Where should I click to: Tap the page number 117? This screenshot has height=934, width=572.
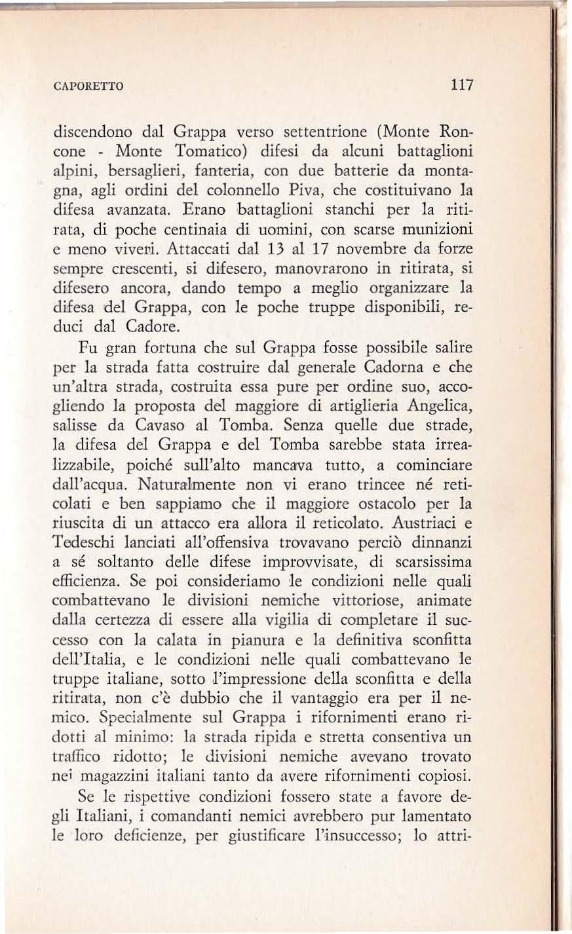(460, 85)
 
